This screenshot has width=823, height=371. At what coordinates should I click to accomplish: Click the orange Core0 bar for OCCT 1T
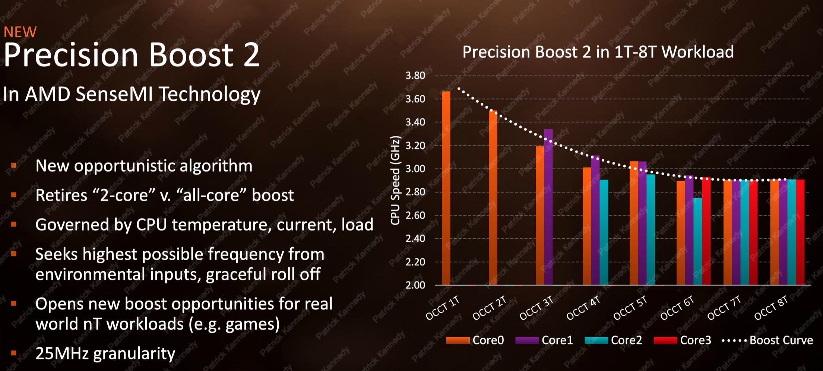click(x=446, y=188)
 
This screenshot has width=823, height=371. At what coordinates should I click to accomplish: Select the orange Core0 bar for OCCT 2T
click(x=493, y=198)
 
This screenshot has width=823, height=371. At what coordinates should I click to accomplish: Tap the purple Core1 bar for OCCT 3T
click(x=548, y=207)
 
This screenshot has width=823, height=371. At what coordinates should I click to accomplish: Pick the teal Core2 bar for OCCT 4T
click(x=604, y=232)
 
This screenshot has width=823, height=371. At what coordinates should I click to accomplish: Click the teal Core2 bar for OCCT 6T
click(x=698, y=241)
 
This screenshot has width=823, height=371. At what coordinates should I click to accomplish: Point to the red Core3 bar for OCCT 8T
click(x=800, y=232)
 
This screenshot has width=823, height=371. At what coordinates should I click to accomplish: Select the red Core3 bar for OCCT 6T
click(x=706, y=231)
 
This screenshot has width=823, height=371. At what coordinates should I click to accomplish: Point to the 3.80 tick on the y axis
click(x=415, y=76)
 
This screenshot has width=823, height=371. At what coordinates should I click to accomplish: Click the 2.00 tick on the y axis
click(x=415, y=285)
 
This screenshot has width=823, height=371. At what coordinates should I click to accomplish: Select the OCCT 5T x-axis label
click(x=630, y=309)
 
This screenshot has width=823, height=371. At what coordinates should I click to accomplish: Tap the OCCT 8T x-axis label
click(x=771, y=309)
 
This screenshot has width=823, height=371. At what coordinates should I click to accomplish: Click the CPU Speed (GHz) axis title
click(x=395, y=180)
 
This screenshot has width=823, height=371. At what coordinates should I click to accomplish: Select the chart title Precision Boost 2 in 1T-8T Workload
click(x=598, y=52)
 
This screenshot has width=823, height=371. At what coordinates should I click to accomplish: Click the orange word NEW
click(x=20, y=32)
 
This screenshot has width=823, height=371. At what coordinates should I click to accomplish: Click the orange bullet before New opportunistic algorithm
click(x=14, y=165)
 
